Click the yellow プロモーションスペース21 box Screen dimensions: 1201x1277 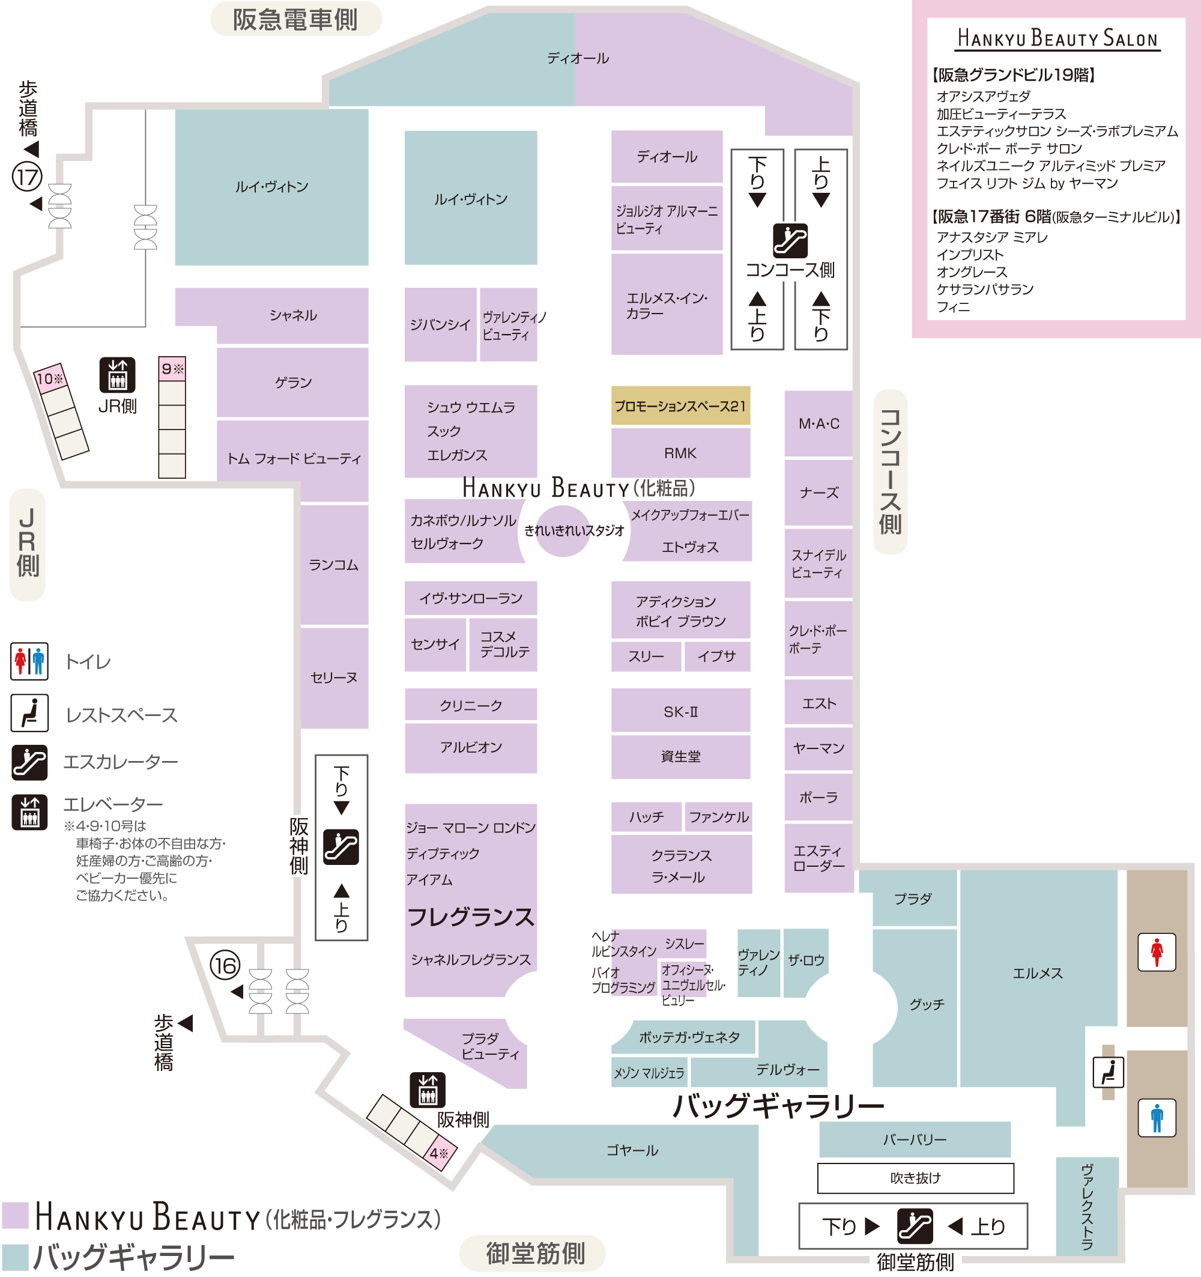tap(680, 405)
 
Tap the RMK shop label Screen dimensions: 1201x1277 tap(680, 453)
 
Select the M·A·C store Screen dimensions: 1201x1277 tap(818, 423)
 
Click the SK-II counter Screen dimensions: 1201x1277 tap(680, 711)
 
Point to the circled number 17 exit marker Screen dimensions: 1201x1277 tap(27, 177)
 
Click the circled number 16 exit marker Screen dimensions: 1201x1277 tap(225, 965)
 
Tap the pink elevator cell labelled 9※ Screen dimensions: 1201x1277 tap(172, 369)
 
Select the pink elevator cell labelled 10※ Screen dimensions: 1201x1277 tap(50, 378)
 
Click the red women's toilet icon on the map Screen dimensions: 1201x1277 tap(1157, 952)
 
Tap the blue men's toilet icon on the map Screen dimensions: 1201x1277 tap(1157, 1118)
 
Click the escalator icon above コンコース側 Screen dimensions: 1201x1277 tap(790, 240)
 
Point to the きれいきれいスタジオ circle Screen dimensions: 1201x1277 tap(563, 530)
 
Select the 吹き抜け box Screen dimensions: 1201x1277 tap(915, 1177)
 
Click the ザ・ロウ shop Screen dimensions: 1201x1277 tap(805, 962)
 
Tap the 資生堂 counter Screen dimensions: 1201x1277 tap(680, 756)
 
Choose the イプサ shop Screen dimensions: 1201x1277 tap(717, 656)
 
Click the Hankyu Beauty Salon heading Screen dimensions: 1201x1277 tap(1057, 38)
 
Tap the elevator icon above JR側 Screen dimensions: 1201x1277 tap(118, 374)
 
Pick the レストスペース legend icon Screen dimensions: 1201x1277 tap(29, 713)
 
